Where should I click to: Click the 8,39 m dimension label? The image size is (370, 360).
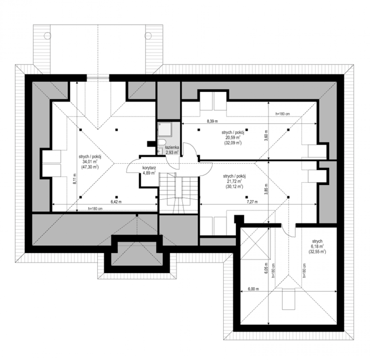pyautogui.click(x=212, y=121)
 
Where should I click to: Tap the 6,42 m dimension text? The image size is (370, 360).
pyautogui.click(x=116, y=202)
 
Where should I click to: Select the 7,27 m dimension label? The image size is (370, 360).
pyautogui.click(x=252, y=202)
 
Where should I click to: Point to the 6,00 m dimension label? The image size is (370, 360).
pyautogui.click(x=253, y=289)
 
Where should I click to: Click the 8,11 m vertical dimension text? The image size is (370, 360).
pyautogui.click(x=75, y=179)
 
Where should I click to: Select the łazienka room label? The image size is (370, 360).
pyautogui.click(x=172, y=147)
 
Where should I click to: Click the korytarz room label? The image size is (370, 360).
pyautogui.click(x=149, y=168)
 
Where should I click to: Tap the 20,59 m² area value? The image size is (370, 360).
pyautogui.click(x=233, y=137)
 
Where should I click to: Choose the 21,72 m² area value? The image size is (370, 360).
pyautogui.click(x=234, y=181)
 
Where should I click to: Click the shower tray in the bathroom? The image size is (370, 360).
pyautogui.click(x=165, y=129)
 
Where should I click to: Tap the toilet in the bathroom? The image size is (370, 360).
pyautogui.click(x=162, y=142)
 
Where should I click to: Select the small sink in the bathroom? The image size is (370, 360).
pyautogui.click(x=160, y=151)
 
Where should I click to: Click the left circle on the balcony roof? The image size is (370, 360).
pyautogui.click(x=47, y=35)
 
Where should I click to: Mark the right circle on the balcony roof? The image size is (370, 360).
pyautogui.click(x=148, y=35)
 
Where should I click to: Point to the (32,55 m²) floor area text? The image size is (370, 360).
pyautogui.click(x=317, y=252)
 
